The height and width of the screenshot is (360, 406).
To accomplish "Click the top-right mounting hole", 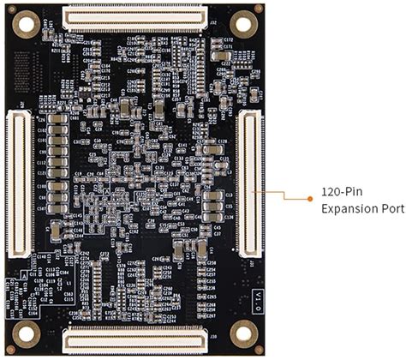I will pos(242,23).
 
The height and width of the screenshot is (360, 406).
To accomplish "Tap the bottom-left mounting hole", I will pos(27,333).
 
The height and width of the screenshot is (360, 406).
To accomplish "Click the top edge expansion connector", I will pos(135,15).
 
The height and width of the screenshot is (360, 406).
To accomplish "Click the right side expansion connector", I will pos(251,183).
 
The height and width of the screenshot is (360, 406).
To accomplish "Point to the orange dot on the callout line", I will pos(310,199).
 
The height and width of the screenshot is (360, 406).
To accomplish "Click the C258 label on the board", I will pos(212,261).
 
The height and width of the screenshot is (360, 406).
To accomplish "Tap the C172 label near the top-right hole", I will pos(228,40).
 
